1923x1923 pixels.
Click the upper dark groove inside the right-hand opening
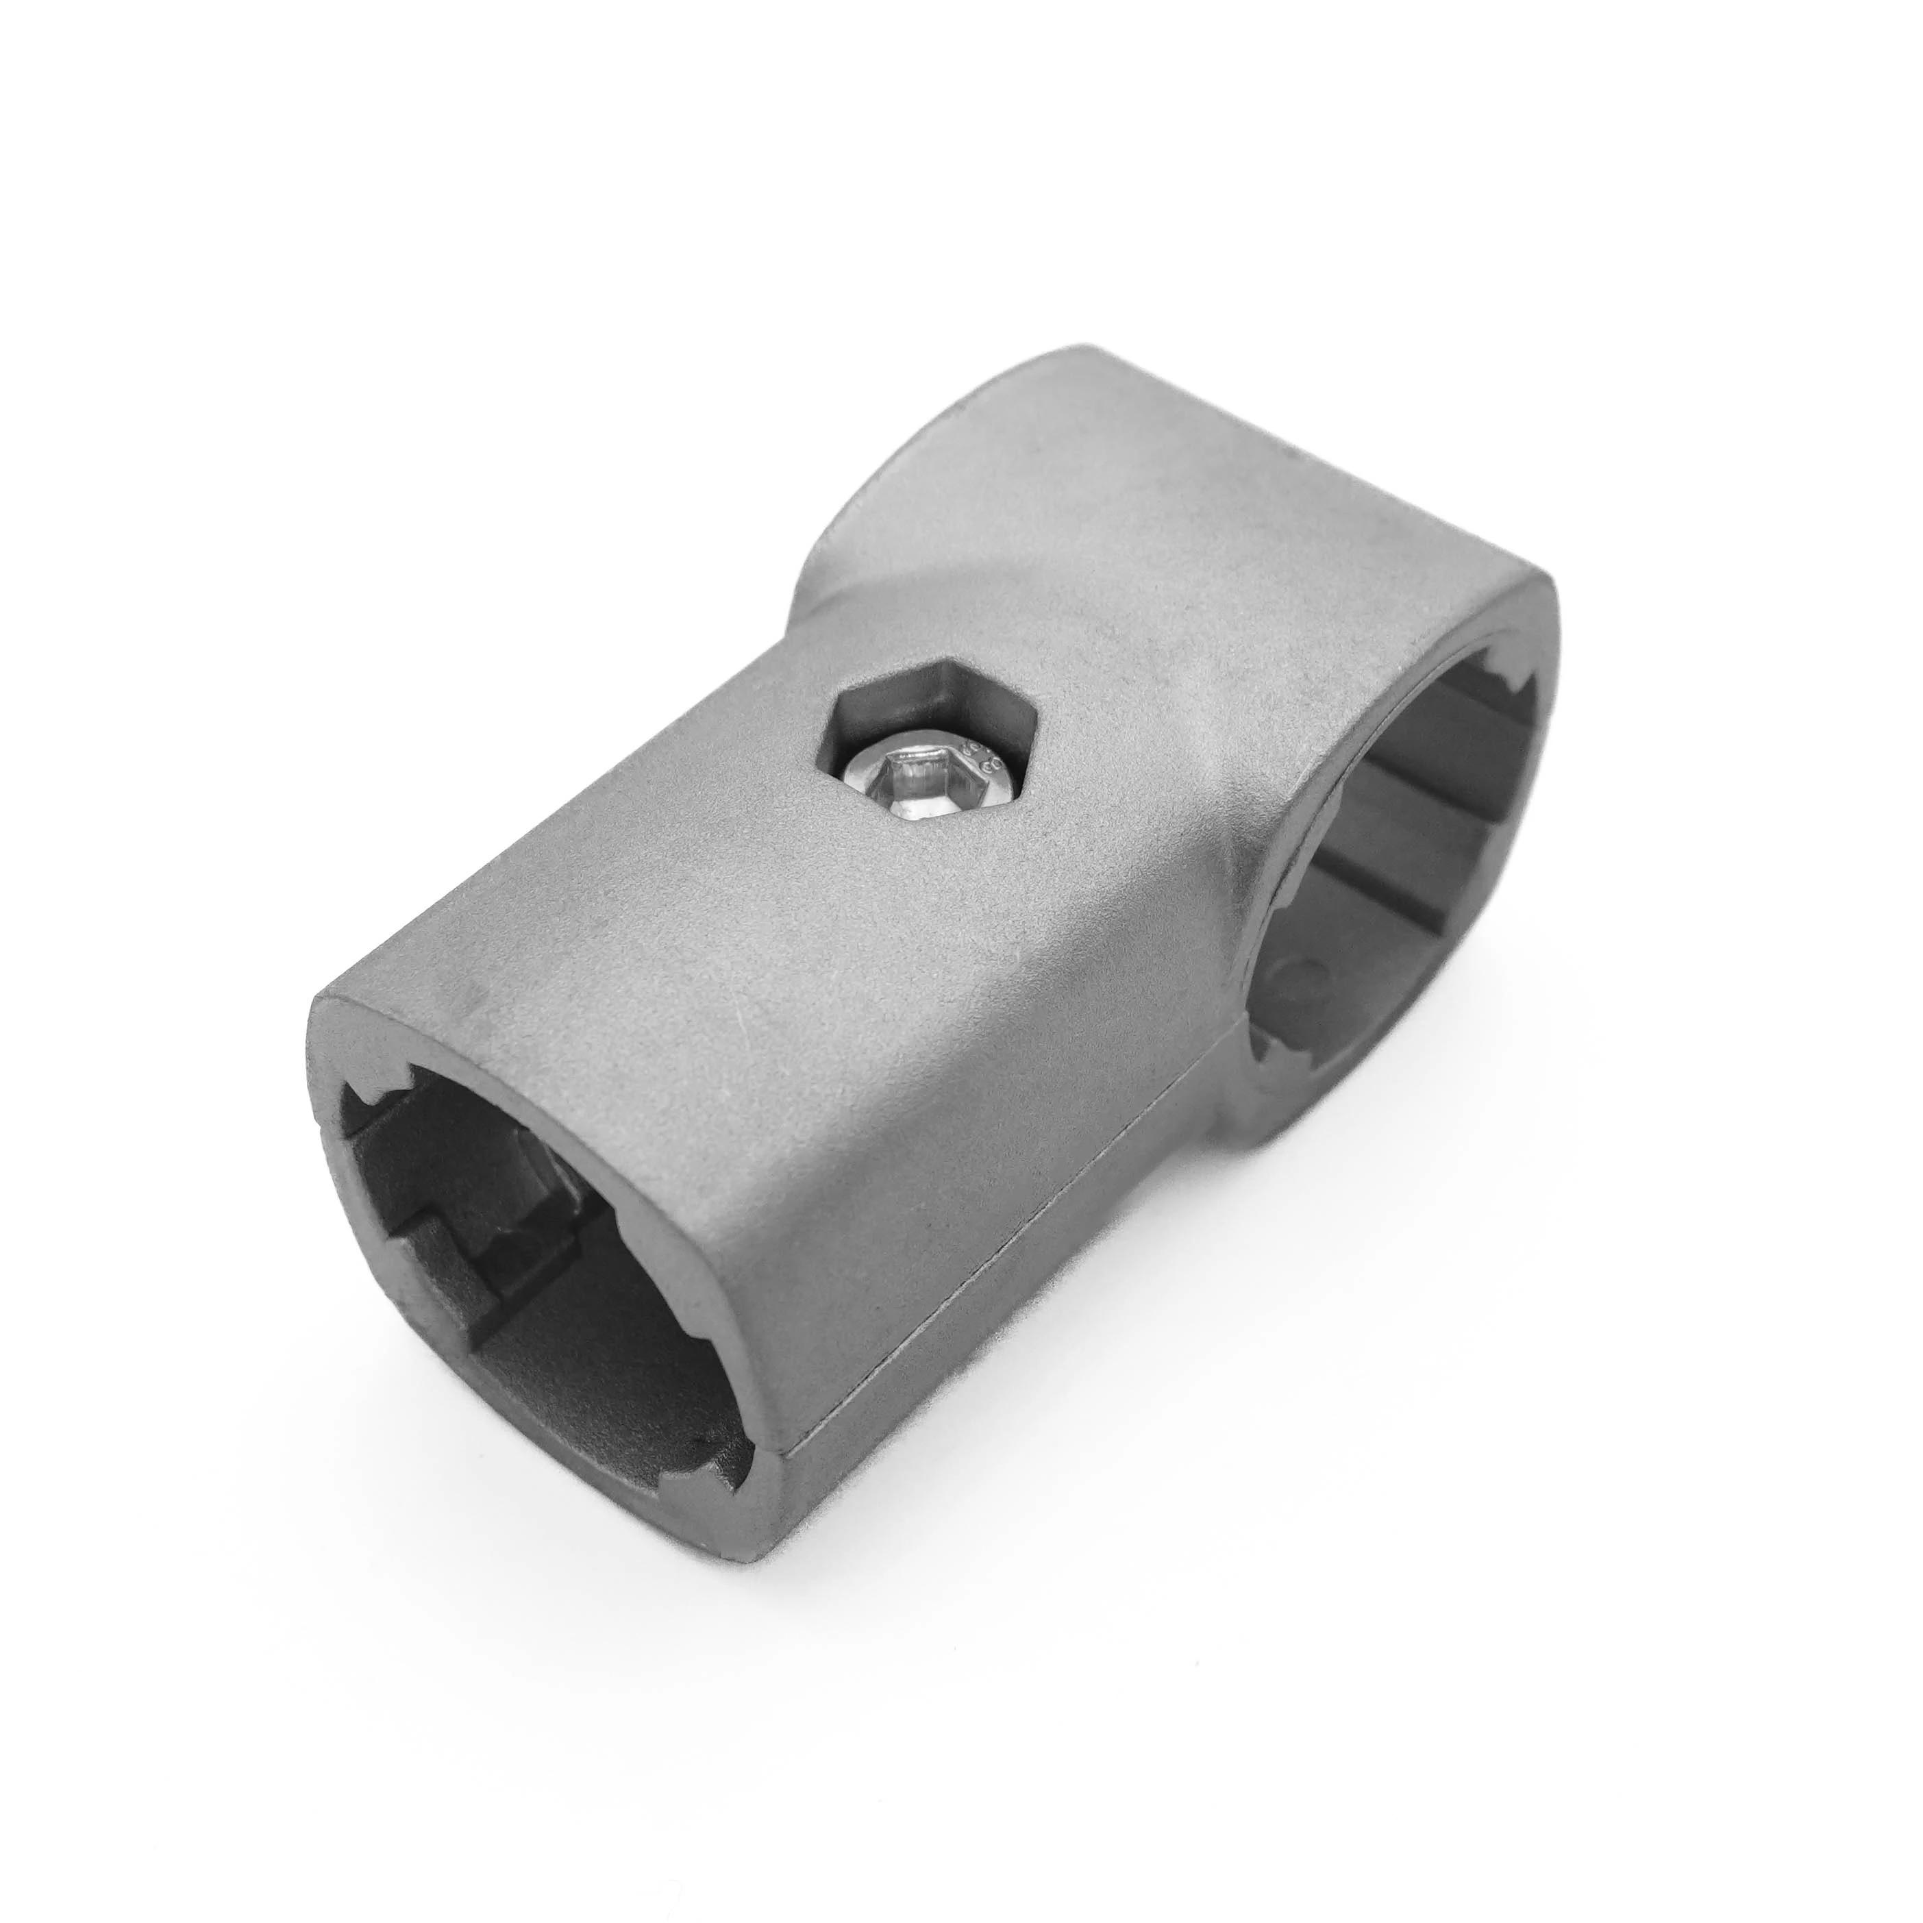1433,796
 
